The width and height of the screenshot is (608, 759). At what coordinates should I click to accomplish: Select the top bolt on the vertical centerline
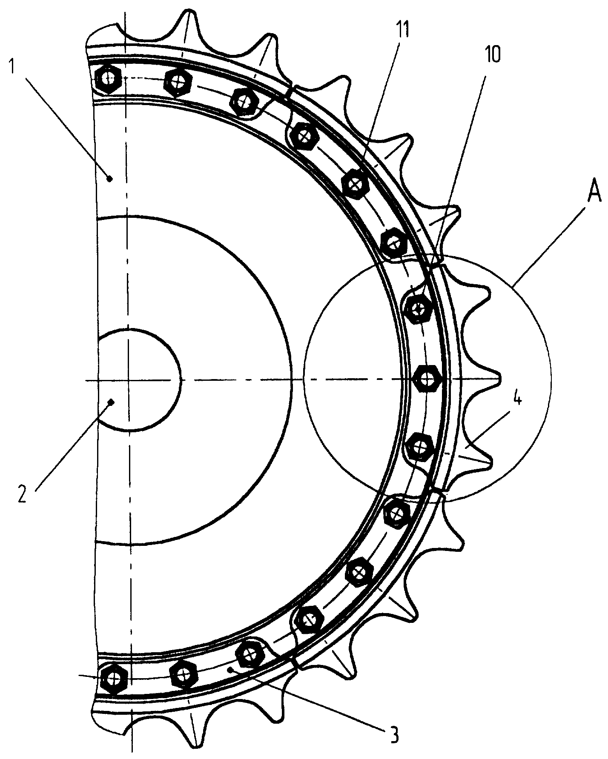click(109, 79)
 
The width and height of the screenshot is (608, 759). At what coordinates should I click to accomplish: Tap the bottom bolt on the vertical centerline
click(114, 678)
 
